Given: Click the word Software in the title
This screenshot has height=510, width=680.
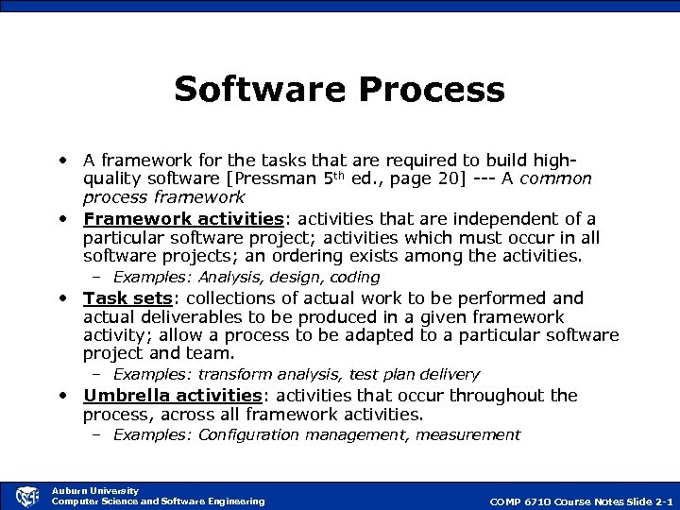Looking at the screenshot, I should click(247, 90).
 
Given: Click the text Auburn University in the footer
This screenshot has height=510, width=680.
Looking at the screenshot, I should click(94, 490).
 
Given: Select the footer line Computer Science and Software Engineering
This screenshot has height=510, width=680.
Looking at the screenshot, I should click(158, 501).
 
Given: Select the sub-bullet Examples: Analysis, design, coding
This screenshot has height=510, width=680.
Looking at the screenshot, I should click(246, 278).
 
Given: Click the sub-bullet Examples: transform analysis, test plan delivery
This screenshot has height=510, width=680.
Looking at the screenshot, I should click(296, 375).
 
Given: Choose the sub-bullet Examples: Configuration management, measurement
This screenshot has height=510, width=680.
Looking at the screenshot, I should click(316, 434).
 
